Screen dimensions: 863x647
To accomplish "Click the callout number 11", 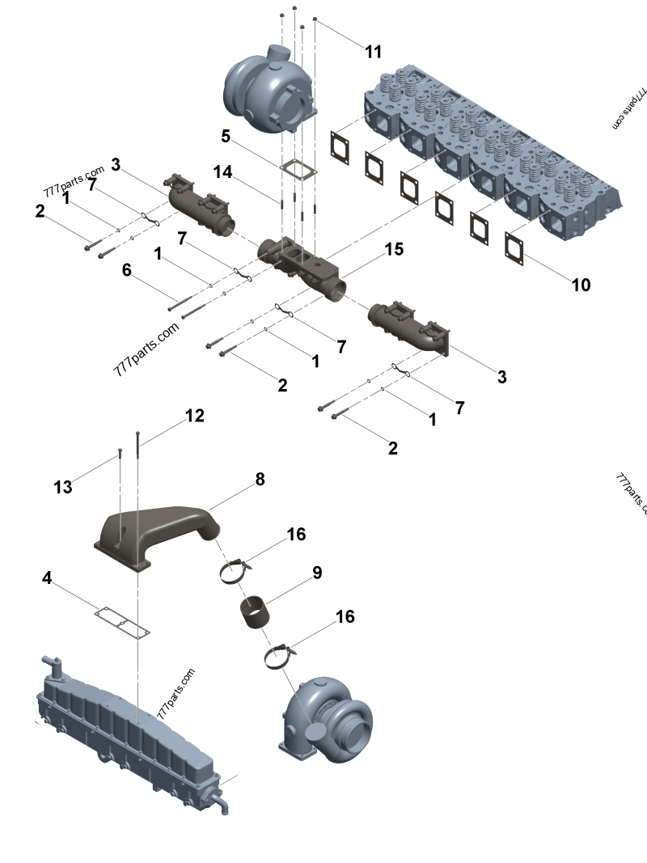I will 373,52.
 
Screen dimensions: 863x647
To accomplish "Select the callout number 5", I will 226,136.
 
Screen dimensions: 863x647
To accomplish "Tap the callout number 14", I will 222,171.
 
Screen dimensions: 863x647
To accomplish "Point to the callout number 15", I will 393,249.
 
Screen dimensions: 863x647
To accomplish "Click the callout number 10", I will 581,285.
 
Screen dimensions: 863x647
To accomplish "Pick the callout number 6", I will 126,271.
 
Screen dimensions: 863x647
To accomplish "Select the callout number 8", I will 260,479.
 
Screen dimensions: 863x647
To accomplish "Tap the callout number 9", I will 317,573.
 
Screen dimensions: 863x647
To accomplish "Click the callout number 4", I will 48,578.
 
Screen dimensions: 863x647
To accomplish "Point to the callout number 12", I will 194,416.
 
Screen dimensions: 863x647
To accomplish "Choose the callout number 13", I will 63,487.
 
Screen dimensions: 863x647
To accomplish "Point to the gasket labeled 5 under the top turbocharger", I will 298,171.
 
